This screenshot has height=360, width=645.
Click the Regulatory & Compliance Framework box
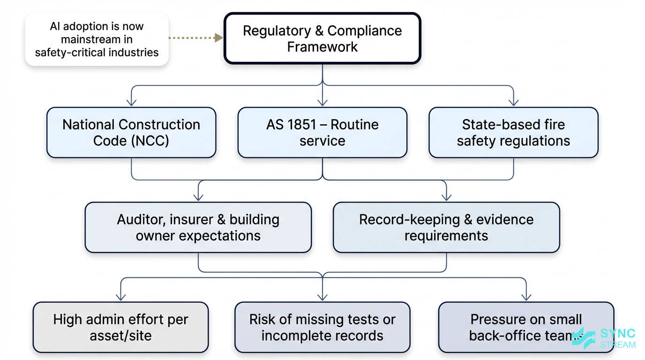pos(322,38)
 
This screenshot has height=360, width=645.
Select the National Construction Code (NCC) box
pos(131,133)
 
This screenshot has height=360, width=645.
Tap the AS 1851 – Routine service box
pos(322,133)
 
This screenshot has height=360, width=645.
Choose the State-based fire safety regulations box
pos(513,133)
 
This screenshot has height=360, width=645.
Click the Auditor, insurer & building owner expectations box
pos(198,227)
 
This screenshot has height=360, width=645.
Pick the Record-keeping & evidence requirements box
pos(446,227)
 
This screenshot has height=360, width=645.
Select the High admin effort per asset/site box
pos(120,327)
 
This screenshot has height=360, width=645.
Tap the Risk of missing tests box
pos(322,327)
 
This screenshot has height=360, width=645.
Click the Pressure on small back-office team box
pos(526,327)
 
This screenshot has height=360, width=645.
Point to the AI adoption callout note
pos(97,39)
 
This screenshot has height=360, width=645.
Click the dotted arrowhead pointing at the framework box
pos(218,37)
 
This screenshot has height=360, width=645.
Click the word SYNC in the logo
pos(618,334)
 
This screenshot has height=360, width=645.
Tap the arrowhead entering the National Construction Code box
pos(132,102)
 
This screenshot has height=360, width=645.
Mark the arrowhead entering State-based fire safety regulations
pos(514,102)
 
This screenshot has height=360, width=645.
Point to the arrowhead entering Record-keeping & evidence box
pos(446,196)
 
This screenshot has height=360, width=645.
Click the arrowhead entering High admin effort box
pos(121,296)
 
